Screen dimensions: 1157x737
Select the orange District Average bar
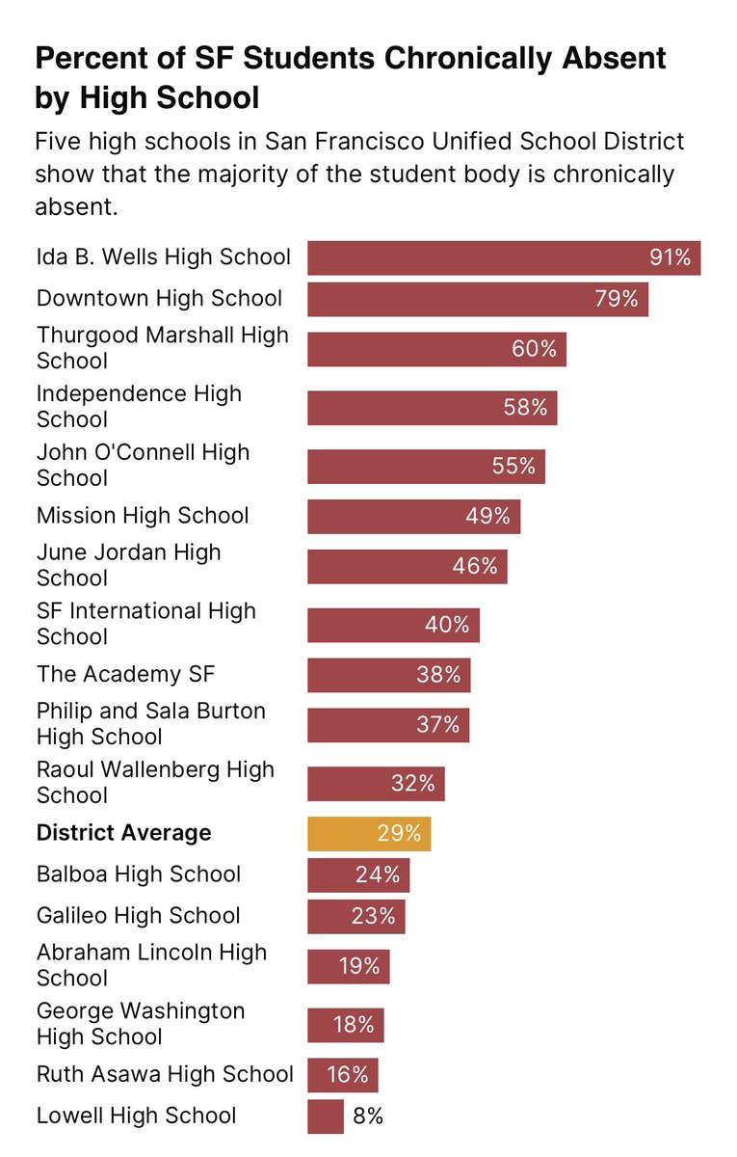pyautogui.click(x=368, y=833)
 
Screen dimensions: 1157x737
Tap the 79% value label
pyautogui.click(x=617, y=299)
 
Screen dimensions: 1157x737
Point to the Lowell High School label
pyautogui.click(x=136, y=1116)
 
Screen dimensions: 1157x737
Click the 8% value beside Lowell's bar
pyautogui.click(x=367, y=1117)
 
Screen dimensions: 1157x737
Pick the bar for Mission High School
pyautogui.click(x=413, y=516)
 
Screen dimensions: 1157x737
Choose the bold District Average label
pyautogui.click(x=123, y=833)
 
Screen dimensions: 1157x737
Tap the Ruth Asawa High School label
pyautogui.click(x=165, y=1074)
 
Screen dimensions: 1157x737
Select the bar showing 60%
pyautogui.click(x=436, y=349)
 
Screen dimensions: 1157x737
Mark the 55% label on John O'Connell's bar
pyautogui.click(x=513, y=466)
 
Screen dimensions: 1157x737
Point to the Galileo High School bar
pyautogui.click(x=355, y=916)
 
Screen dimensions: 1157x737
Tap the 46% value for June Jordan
pyautogui.click(x=475, y=566)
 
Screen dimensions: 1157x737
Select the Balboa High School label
pyautogui.click(x=139, y=874)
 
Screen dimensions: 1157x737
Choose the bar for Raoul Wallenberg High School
pyautogui.click(x=376, y=783)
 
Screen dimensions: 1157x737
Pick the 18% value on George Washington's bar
pyautogui.click(x=353, y=1024)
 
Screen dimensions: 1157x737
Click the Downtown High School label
pyautogui.click(x=159, y=299)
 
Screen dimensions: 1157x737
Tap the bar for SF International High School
pyautogui.click(x=393, y=625)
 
